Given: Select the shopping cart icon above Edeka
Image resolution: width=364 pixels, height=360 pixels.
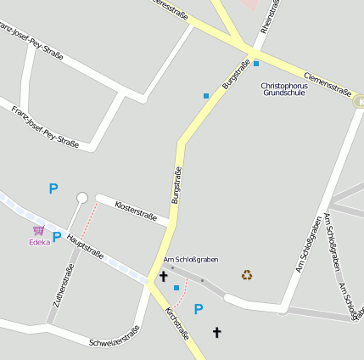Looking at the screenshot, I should (38, 230).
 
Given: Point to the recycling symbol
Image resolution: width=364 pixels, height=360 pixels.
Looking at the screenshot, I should (247, 274).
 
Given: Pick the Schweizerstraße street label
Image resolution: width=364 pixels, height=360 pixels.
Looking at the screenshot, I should (114, 337).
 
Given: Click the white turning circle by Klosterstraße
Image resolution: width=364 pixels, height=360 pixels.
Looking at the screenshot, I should (82, 198).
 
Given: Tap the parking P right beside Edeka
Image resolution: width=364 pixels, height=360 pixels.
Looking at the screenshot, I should (57, 237).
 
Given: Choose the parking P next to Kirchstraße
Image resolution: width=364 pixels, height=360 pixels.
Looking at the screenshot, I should (199, 309).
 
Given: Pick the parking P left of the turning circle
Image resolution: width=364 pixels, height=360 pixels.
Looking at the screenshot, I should (53, 188).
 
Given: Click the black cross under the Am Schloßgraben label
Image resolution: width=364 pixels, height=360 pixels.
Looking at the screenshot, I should (163, 276).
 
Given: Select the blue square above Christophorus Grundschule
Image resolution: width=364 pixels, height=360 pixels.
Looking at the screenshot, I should (256, 63).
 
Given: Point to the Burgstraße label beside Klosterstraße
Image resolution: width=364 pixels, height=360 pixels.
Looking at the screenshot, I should (176, 187).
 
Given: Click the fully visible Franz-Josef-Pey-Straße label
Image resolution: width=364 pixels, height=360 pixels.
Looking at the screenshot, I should (45, 127).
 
